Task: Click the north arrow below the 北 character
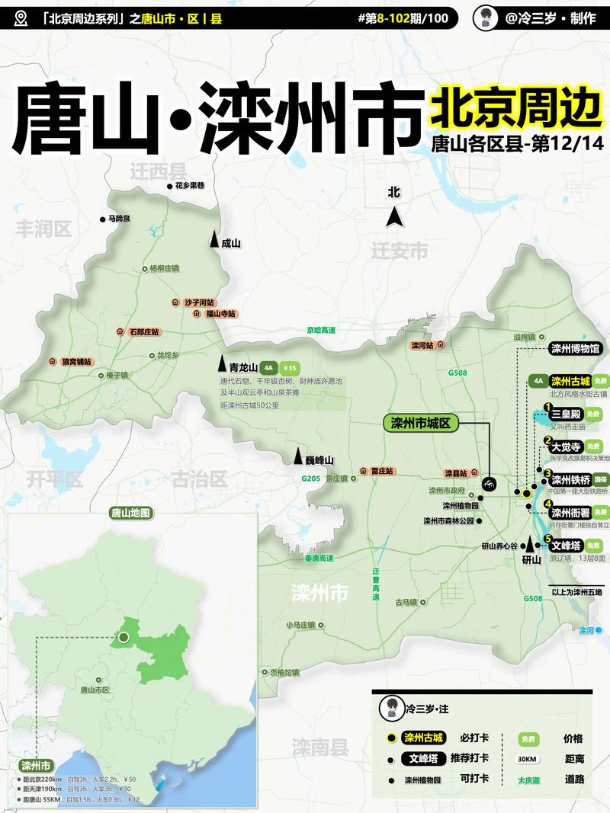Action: point(394,217)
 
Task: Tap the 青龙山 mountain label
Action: point(244,366)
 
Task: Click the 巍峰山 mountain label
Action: point(319,459)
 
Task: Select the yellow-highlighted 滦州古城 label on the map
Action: point(570,381)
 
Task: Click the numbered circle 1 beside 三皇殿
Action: point(547,408)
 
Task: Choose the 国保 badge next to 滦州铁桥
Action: point(600,479)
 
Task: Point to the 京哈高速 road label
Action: point(321,330)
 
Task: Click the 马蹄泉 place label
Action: point(119,219)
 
